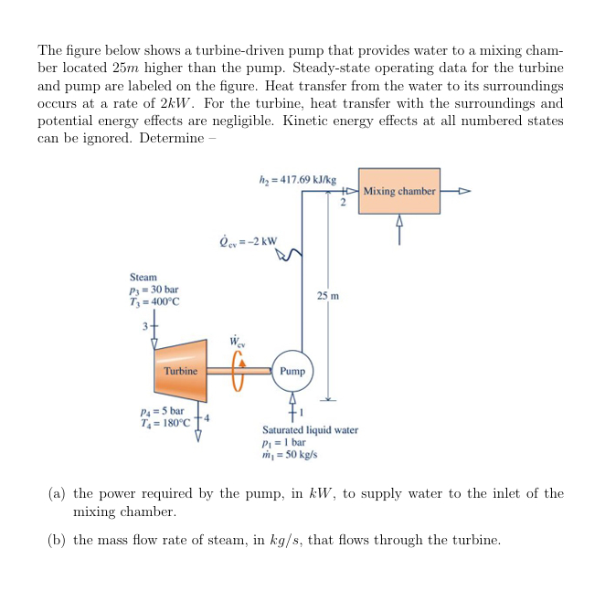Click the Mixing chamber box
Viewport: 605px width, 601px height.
click(x=399, y=191)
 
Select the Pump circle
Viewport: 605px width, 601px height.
click(x=292, y=372)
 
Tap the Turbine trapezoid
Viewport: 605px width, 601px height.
click(x=180, y=371)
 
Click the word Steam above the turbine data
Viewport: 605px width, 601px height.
click(x=143, y=277)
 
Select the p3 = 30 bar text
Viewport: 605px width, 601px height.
click(x=154, y=290)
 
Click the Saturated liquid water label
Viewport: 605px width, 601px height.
click(x=310, y=429)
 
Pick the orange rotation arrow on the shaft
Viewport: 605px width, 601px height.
click(x=240, y=371)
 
